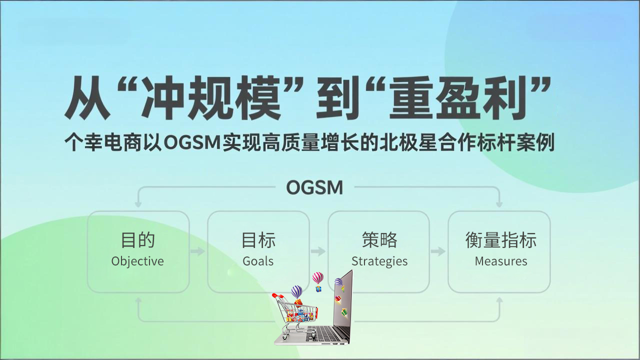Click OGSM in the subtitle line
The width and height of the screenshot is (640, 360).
(192, 143)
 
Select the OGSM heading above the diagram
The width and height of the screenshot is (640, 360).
(314, 188)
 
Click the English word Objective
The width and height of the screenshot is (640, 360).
(137, 261)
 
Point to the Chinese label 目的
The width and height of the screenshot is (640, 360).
(137, 240)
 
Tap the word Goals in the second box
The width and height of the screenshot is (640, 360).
(258, 261)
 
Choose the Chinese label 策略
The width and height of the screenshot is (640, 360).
(379, 240)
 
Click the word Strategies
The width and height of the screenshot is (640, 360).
(379, 261)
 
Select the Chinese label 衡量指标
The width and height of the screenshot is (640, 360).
(500, 240)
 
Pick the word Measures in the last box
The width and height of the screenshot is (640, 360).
(500, 261)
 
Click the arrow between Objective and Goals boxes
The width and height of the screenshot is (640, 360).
(198, 251)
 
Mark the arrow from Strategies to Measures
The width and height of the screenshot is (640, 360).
(438, 251)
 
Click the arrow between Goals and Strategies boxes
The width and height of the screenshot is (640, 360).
(318, 251)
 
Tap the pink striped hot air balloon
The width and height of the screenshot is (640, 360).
(317, 277)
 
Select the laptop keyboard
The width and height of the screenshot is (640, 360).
(325, 332)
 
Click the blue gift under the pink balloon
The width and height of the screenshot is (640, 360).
(318, 288)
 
